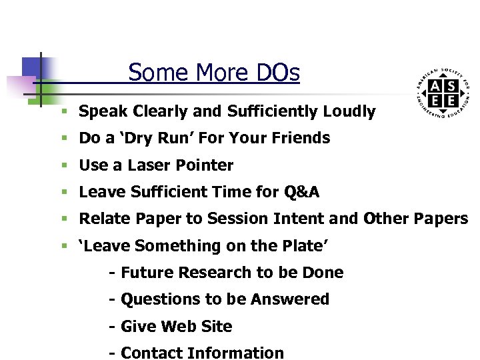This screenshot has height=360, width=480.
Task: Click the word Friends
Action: click(299, 138)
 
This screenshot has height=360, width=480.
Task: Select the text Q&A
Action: click(301, 193)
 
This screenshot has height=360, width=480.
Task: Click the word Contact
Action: click(152, 353)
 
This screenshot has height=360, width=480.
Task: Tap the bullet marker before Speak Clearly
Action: click(63, 112)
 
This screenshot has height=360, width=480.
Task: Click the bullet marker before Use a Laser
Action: click(63, 166)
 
